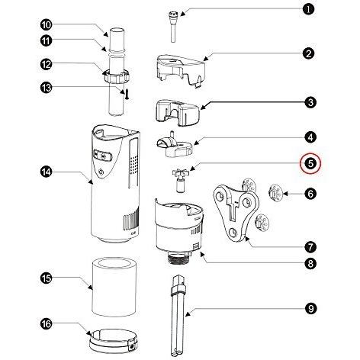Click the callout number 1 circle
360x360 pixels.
(x=309, y=10)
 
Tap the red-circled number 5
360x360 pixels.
(x=310, y=163)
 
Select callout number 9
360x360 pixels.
(x=310, y=308)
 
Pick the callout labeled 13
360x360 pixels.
(x=46, y=88)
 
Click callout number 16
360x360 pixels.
(x=46, y=324)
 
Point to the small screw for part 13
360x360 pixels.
(x=127, y=95)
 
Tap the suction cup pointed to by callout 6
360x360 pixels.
(x=275, y=194)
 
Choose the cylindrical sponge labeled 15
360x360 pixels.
(x=114, y=288)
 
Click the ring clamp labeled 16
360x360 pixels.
(x=114, y=341)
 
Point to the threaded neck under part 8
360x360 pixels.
(x=179, y=258)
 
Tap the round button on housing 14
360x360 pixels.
(x=101, y=172)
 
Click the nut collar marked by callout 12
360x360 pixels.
(x=117, y=76)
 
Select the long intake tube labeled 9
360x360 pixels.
(x=178, y=315)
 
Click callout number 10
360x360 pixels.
(x=46, y=25)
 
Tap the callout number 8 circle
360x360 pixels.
(x=310, y=264)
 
